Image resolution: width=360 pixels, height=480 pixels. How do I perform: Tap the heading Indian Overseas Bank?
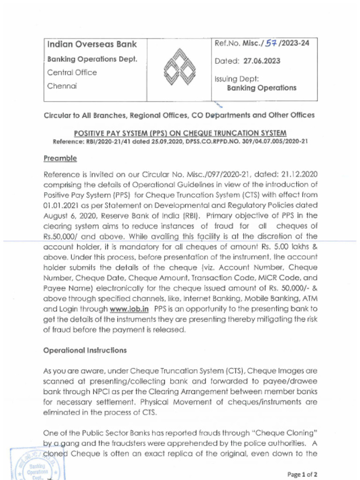pyautogui.click(x=92, y=45)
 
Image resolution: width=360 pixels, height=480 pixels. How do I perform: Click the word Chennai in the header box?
pyautogui.click(x=62, y=86)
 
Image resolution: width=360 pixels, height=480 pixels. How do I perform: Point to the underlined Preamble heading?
pyautogui.click(x=60, y=159)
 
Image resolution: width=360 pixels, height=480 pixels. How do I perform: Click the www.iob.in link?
pyautogui.click(x=129, y=309)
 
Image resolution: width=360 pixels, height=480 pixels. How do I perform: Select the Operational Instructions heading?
pyautogui.click(x=85, y=350)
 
